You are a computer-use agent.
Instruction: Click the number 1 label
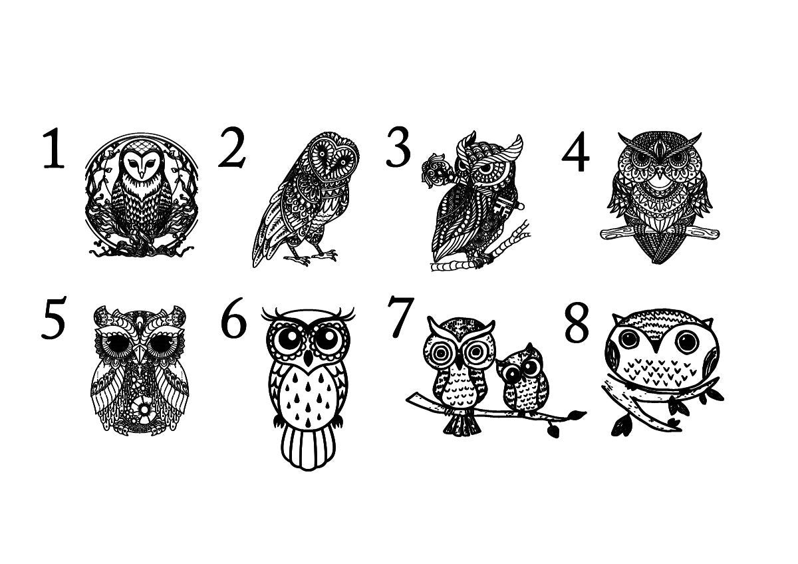[x=54, y=148]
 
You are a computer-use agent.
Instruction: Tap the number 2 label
[x=232, y=147]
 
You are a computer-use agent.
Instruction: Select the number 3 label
[x=398, y=147]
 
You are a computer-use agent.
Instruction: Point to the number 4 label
[x=576, y=152]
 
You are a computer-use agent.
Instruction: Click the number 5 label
[x=53, y=318]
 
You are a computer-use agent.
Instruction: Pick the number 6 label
[x=233, y=318]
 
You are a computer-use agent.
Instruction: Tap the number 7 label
[x=400, y=317]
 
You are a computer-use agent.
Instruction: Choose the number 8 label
[x=577, y=323]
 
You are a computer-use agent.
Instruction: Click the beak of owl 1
[x=142, y=174]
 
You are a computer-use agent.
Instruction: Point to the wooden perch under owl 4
[x=660, y=233]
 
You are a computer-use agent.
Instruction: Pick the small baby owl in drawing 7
[x=522, y=380]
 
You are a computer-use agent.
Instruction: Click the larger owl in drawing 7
[x=459, y=374]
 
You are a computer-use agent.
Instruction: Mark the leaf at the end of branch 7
[x=577, y=414]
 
